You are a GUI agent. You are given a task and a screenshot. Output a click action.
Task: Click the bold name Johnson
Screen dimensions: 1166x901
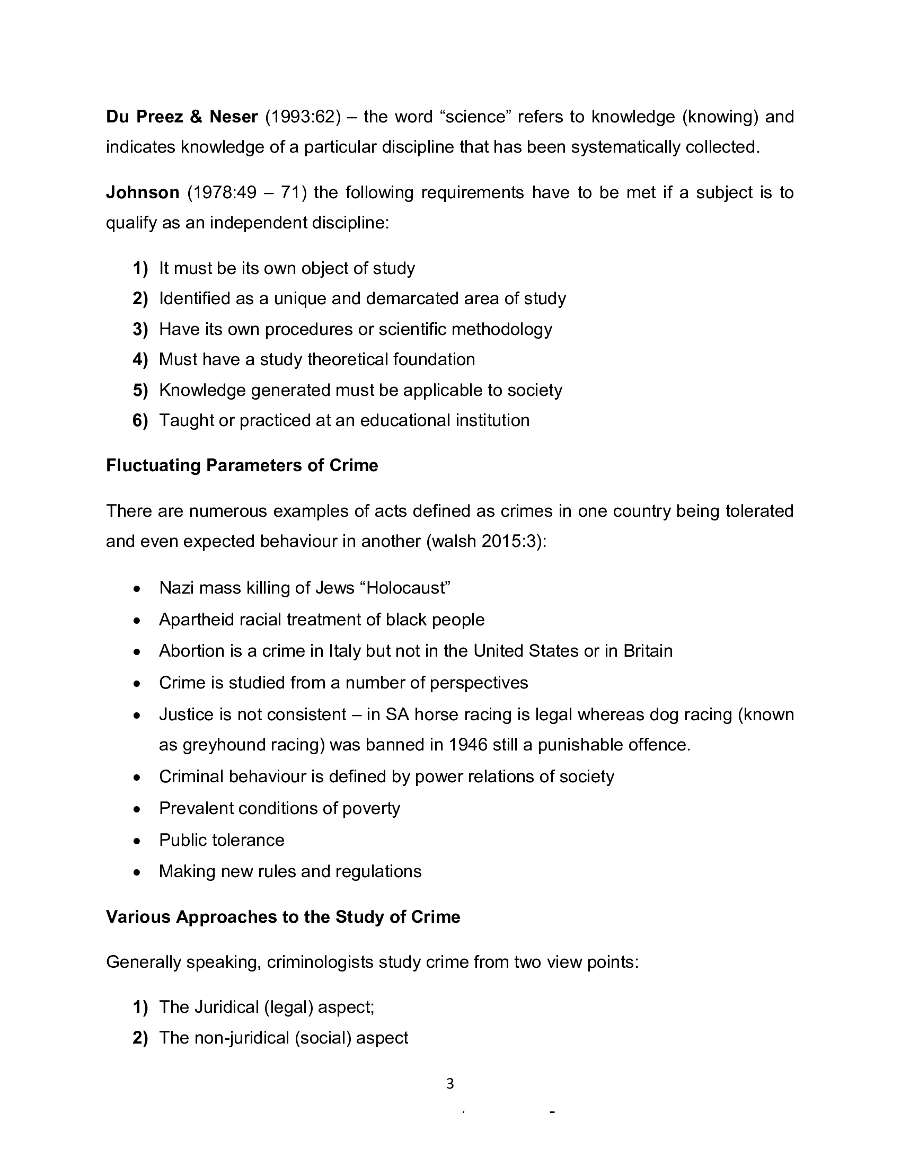[143, 192]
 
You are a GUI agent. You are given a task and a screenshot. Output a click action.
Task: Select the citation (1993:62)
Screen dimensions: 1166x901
[303, 117]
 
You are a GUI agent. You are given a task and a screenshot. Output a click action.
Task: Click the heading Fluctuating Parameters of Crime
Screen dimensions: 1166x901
[242, 465]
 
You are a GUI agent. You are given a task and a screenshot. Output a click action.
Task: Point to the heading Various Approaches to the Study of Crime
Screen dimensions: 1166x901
[283, 917]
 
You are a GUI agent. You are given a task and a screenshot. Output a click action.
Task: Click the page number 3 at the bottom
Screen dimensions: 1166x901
[450, 1084]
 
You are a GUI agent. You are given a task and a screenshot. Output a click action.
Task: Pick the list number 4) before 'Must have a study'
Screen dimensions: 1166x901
[140, 359]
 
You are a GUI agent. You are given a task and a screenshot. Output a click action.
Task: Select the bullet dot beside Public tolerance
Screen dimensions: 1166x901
[137, 841]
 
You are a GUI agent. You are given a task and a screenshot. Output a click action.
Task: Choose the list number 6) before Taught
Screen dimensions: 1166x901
[140, 420]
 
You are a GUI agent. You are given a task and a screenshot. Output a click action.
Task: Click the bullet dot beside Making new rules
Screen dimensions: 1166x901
[137, 872]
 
